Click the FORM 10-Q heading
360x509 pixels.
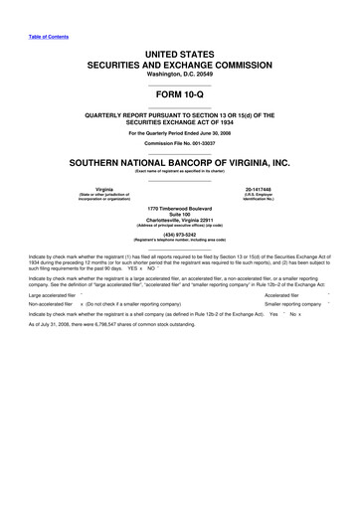coord(179,93)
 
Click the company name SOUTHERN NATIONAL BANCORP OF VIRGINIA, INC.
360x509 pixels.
coord(179,161)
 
